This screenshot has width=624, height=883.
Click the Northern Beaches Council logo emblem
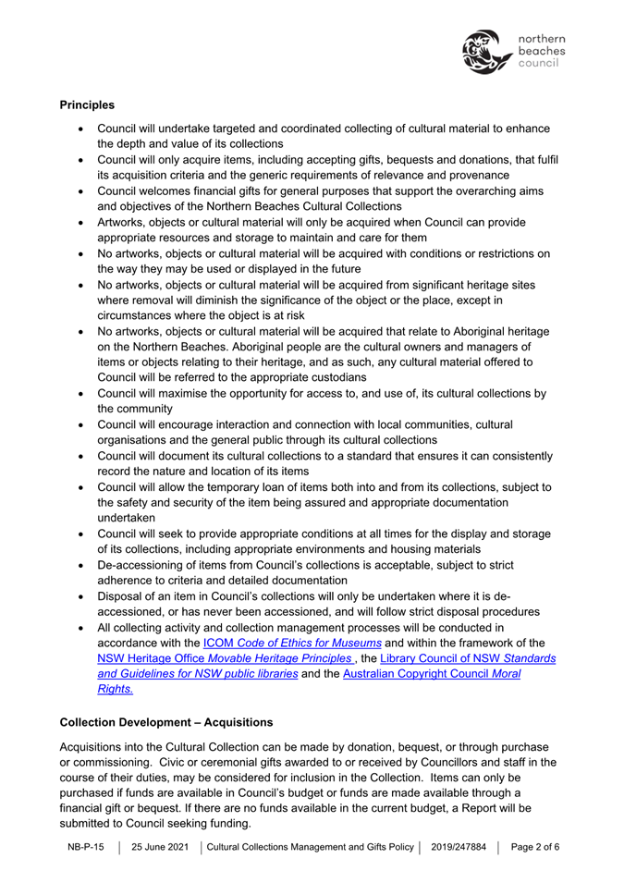(484, 52)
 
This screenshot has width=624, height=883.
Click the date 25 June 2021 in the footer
(162, 847)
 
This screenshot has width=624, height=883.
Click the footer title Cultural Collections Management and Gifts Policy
(310, 847)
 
